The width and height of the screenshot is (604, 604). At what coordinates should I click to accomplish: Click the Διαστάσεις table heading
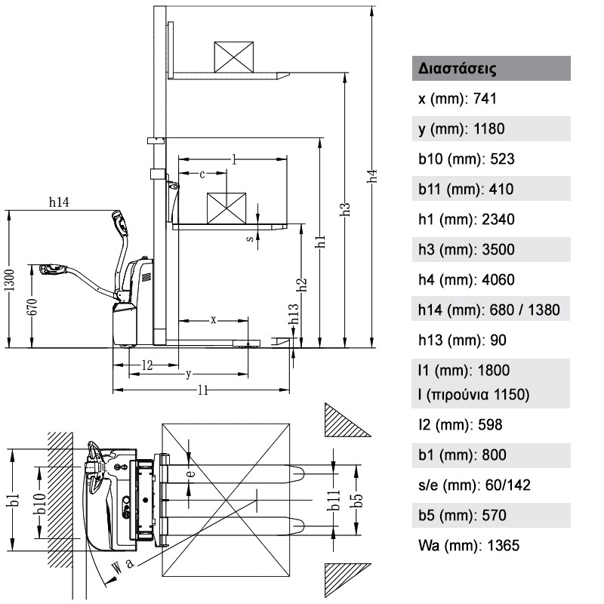pos(457,69)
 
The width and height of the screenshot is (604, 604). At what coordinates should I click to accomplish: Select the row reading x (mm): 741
pos(458,99)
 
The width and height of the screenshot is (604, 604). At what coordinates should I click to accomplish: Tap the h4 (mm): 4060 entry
pos(466,279)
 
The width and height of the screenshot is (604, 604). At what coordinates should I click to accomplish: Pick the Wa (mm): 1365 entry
pos(469,545)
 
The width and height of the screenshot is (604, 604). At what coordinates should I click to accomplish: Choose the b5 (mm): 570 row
pos(462,515)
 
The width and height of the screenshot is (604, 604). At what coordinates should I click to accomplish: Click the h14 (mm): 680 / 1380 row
pos(488,310)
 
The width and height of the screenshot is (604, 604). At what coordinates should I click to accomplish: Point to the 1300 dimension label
pos(11,279)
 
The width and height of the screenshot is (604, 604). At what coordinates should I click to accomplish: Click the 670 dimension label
pos(33,307)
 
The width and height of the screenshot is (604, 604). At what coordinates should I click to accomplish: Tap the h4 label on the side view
pos(372,177)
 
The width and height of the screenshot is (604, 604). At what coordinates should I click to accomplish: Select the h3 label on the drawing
pos(346,209)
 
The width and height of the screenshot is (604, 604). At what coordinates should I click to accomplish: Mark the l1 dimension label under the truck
pos(203,390)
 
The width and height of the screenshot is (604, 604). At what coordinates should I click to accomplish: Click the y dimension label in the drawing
pos(188,374)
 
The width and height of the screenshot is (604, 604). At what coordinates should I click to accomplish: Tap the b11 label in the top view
pos(334,500)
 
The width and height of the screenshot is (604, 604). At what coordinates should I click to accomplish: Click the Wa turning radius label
pos(122,567)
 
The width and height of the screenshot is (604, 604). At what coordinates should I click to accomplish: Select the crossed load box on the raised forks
pos(234,57)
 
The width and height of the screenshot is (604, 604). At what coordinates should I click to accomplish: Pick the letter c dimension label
pos(202,174)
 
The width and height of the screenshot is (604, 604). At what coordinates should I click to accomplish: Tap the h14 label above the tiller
pos(59,202)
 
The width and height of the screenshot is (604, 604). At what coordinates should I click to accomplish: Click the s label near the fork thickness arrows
pos(250,239)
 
